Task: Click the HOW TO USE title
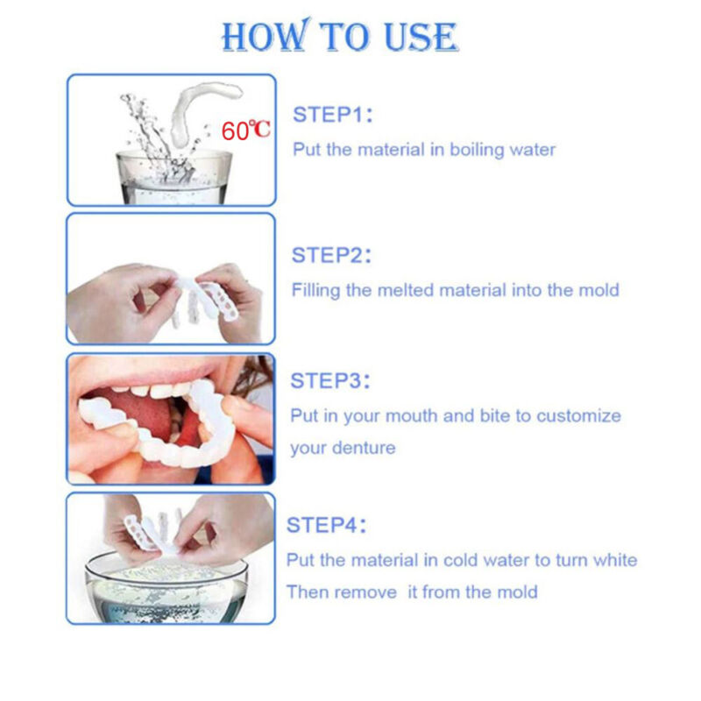339,37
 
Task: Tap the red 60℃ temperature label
246,131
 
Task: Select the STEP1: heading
333,114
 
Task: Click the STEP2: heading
332,255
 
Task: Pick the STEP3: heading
331,380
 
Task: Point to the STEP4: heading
327,525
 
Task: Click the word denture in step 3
363,449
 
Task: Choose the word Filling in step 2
315,290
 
